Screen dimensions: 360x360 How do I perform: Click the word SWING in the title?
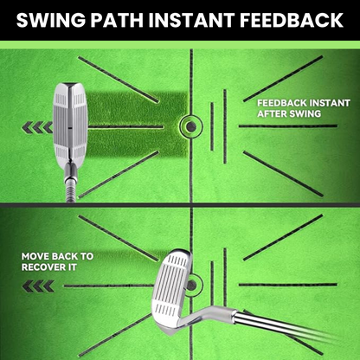[x=51, y=20]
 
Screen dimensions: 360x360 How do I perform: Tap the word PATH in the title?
[x=120, y=20]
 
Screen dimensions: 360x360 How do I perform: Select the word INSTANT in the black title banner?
[x=194, y=20]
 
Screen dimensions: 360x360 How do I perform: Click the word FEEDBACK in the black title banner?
[x=292, y=20]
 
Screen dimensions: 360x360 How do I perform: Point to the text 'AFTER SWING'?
[x=289, y=114]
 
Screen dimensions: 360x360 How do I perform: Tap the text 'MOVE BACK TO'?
[x=57, y=256]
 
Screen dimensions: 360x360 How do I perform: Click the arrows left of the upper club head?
[x=37, y=127]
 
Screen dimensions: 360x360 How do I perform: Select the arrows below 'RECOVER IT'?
[x=38, y=286]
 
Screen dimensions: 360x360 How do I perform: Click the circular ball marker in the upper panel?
[x=190, y=126]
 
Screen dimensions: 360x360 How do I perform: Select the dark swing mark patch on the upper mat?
[x=136, y=125]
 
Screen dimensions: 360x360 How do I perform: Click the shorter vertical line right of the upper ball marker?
[x=212, y=126]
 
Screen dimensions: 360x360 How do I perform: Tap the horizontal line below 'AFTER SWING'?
[x=288, y=126]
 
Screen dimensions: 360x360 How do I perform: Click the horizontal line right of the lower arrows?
[x=109, y=286]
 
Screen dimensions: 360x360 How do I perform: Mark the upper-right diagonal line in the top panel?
[x=283, y=79]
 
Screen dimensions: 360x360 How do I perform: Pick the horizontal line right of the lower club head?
[x=288, y=285]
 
